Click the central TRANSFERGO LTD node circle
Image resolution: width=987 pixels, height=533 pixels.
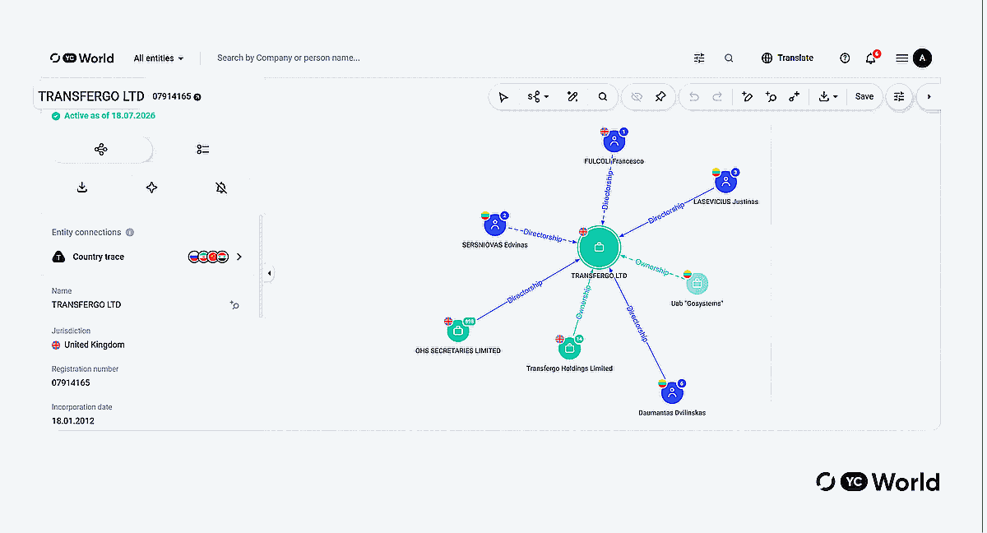pos(599,247)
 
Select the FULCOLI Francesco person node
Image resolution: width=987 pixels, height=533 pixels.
pos(614,141)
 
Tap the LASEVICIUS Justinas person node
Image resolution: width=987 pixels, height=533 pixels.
pos(725,182)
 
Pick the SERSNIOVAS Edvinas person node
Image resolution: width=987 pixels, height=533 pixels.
pos(495,225)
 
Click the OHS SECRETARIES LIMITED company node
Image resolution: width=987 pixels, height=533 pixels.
pos(458,331)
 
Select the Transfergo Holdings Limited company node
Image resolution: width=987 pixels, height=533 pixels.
pos(569,349)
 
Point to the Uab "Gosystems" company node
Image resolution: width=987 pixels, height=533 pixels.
pos(697,284)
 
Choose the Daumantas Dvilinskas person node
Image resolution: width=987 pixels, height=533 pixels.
pos(672,392)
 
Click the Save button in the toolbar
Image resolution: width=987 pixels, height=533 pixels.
pos(864,96)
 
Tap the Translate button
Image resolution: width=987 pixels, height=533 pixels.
pos(787,58)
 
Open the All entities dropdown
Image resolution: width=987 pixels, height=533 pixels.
pos(159,58)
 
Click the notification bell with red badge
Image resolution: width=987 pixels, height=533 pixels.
pos(872,58)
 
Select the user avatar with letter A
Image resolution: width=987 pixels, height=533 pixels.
pos(922,58)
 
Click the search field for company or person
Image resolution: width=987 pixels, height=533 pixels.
pos(289,58)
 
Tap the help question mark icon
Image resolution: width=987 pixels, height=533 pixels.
pos(845,58)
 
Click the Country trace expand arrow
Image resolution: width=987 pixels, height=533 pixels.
pos(239,257)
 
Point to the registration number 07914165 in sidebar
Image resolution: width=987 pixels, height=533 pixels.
pos(71,382)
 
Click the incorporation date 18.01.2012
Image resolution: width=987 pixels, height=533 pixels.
pos(72,421)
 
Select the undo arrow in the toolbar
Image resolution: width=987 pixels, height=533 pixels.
pos(694,96)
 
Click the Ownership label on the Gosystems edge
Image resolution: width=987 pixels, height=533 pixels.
pos(651,267)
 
